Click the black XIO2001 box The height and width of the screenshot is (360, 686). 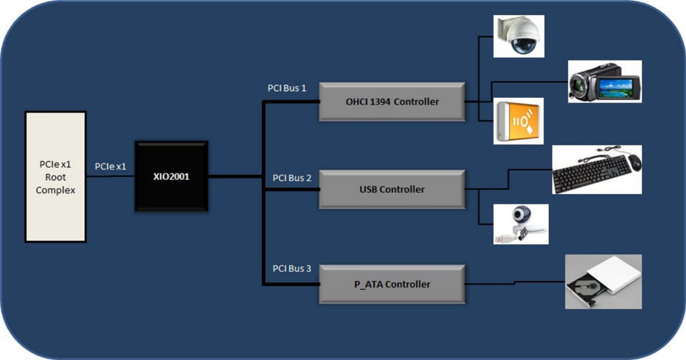171,176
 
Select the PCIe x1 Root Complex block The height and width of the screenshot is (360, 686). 55,177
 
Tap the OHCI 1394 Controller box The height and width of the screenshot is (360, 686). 392,102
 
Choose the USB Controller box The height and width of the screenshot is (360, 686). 392,189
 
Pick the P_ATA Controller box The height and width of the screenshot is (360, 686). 392,285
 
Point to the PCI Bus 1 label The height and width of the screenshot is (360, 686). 287,88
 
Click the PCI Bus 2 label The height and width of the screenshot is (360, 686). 292,178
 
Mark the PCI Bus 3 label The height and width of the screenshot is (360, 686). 292,269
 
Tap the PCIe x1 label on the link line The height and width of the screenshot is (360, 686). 110,167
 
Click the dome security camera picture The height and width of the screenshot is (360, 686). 519,36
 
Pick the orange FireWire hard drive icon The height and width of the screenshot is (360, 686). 518,121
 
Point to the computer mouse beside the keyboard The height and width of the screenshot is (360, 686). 634,163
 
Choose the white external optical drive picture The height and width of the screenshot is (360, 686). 603,282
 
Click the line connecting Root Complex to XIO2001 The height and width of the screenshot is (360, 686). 110,176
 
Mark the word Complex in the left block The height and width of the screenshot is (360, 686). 55,190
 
